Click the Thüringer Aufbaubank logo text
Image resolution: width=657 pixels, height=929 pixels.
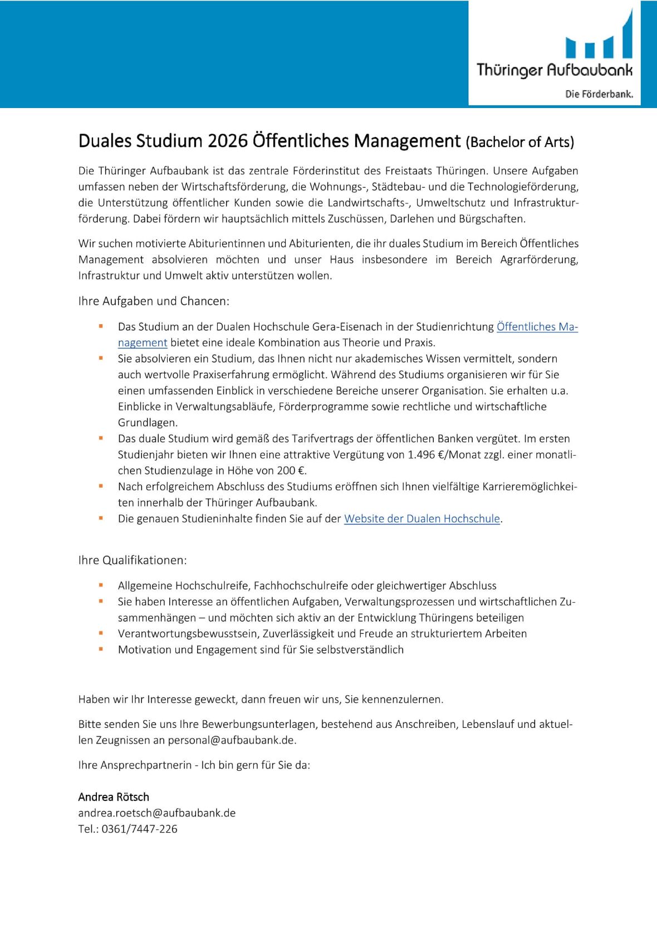555,70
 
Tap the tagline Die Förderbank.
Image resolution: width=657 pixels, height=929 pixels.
599,94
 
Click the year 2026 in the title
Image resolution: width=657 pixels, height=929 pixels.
227,141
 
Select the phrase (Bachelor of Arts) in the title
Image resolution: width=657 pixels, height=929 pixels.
519,142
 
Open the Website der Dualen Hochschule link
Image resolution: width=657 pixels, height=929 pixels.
421,519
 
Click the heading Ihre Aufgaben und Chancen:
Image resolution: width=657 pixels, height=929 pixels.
154,301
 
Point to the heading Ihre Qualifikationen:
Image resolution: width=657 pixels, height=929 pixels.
133,560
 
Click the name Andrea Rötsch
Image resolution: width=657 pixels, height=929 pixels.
114,797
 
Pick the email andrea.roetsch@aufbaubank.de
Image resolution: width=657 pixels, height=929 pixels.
156,813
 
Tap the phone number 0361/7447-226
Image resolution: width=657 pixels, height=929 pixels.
139,829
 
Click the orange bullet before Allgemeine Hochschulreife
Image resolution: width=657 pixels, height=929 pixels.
101,585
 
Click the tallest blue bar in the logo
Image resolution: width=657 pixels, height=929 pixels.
627,35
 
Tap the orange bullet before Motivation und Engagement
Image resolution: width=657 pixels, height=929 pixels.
101,649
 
